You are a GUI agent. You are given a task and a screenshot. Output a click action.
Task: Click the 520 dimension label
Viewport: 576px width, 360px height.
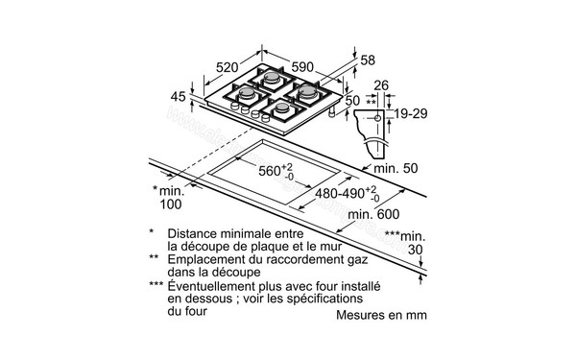227,68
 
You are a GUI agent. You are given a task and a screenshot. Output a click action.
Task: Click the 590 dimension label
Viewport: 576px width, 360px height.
302,66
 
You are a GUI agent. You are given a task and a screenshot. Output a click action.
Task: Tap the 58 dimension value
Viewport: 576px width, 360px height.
368,60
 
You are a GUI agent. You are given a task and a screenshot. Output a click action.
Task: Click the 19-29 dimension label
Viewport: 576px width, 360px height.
411,113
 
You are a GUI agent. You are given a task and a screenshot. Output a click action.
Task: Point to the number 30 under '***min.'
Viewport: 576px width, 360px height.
415,250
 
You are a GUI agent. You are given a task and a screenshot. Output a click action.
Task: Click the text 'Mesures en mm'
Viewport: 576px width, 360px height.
381,314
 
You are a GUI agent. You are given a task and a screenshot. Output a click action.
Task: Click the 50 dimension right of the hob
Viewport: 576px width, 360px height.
351,100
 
